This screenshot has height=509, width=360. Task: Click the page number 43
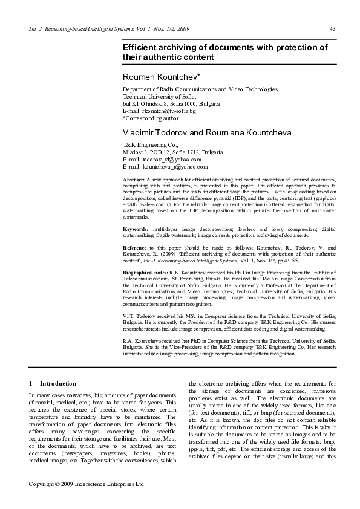pos(332,29)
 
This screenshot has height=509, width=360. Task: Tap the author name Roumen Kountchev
pos(157,77)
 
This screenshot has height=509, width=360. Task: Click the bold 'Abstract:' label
pos(134,180)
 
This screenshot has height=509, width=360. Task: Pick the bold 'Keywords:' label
pos(136,230)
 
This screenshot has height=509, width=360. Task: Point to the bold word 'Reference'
pos(135,247)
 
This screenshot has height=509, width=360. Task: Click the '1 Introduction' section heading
pos(53,383)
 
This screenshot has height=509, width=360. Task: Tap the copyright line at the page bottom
pos(88,484)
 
